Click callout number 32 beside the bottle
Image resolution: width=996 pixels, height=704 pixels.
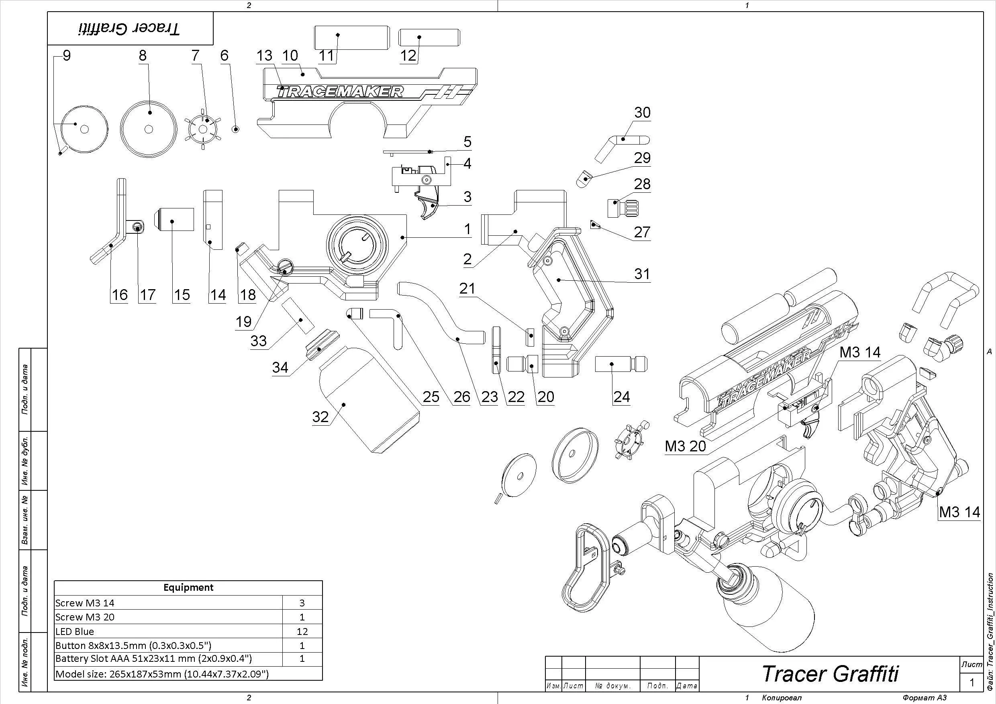[320, 417]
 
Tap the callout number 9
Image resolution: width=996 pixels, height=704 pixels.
[66, 55]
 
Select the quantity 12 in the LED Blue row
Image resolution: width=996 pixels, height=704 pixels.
[302, 631]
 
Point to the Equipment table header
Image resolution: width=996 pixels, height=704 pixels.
[188, 587]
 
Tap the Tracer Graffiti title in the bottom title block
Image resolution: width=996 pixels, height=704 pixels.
[830, 673]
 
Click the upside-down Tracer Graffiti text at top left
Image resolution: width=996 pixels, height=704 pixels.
[130, 29]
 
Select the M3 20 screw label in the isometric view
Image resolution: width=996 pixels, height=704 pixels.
[686, 446]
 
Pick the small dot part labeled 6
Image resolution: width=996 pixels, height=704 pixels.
[236, 129]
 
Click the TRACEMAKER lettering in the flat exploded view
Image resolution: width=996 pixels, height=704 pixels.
[341, 92]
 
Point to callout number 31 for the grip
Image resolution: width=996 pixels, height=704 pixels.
[642, 274]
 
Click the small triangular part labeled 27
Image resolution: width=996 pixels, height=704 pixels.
[594, 224]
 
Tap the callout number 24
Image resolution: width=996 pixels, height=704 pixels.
[621, 396]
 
